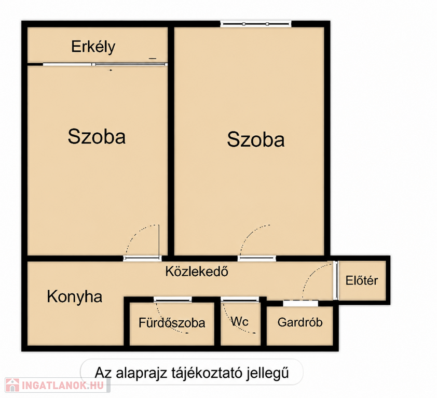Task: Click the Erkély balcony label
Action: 93,47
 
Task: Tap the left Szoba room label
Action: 97,136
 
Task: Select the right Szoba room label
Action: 256,139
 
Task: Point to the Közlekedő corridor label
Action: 197,272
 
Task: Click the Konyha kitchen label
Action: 74,297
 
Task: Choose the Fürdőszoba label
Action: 172,323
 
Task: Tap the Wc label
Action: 239,322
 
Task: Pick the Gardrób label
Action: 300,322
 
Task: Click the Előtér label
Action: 362,280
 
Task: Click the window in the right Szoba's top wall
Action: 256,24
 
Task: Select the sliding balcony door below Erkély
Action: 105,65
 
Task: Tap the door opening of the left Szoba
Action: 142,259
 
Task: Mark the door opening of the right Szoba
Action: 257,259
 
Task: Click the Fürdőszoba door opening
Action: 172,300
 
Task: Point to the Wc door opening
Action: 240,300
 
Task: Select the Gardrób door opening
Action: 301,303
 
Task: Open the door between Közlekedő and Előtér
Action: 336,280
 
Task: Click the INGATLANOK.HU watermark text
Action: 63,386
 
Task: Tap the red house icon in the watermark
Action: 12,386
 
